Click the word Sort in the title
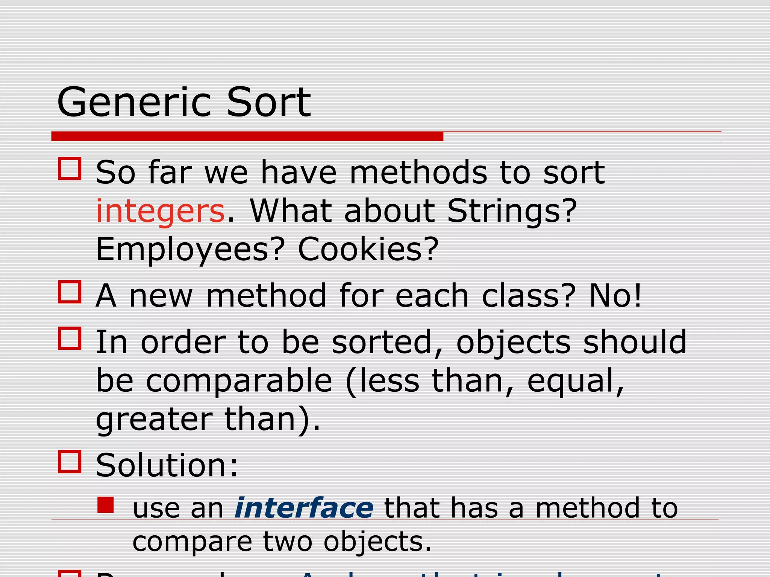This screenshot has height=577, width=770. point(268,102)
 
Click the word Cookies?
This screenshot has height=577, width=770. point(368,249)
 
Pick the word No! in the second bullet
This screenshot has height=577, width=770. point(615,296)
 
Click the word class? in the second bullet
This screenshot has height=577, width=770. point(528,296)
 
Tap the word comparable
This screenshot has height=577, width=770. point(239,382)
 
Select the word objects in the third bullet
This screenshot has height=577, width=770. point(513,343)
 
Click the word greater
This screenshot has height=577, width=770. point(154,420)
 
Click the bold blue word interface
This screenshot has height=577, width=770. point(304,508)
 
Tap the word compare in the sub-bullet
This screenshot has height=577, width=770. point(192,542)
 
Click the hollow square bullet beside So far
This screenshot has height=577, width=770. point(70,169)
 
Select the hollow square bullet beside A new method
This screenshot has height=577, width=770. point(70,292)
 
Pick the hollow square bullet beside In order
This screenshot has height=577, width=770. point(70,338)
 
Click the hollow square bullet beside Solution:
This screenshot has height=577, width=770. point(70,462)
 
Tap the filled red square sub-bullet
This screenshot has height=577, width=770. point(106,505)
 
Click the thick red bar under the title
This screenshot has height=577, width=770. point(247,136)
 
